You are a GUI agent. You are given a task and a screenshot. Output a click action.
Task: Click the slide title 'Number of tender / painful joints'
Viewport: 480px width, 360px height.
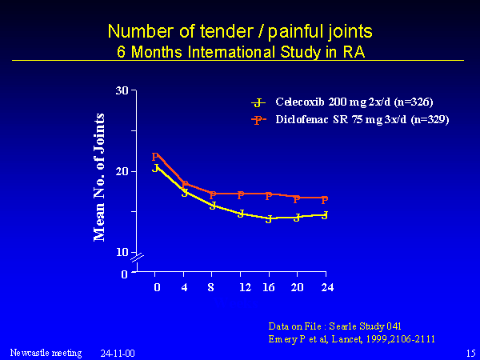pos(239,32)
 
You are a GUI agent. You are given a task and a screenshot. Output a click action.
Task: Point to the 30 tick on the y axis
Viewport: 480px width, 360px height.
pos(122,90)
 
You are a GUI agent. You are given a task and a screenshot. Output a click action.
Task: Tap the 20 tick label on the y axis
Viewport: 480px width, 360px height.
pos(122,171)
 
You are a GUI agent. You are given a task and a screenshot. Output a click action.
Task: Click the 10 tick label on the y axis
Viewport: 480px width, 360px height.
pos(122,252)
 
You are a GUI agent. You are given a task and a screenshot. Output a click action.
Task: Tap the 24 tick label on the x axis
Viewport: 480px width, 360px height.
pos(325,287)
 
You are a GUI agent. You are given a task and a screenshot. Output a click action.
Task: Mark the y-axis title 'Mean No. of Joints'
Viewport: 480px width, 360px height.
pos(100,177)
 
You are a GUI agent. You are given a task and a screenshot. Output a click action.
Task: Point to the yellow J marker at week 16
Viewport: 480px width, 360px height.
pos(269,219)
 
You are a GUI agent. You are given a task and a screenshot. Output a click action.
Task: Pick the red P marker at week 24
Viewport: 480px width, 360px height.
pos(324,201)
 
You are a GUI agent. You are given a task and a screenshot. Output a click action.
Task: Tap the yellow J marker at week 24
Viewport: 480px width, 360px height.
pos(325,215)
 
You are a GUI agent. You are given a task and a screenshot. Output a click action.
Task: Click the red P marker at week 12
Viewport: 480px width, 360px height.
pos(240,195)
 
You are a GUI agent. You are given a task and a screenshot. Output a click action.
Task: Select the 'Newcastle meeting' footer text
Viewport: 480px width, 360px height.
pos(46,352)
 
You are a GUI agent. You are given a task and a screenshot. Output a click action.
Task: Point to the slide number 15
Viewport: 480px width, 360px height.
pos(470,352)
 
